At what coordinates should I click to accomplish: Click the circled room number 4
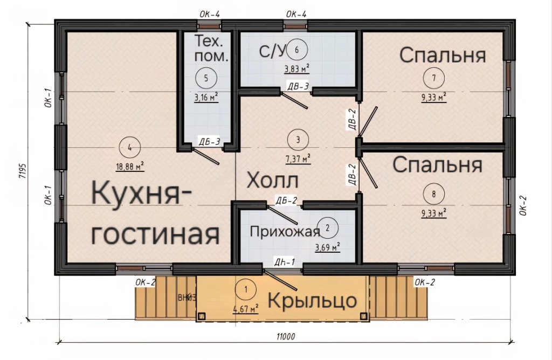(x=130, y=148)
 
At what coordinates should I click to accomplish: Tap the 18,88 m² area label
(x=130, y=166)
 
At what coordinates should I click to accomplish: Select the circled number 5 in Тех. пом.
(x=206, y=78)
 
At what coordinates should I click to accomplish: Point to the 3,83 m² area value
(x=297, y=68)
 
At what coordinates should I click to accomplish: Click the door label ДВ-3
(x=298, y=86)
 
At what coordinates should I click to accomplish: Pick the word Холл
(x=272, y=181)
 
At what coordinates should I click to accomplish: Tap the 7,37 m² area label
(x=298, y=159)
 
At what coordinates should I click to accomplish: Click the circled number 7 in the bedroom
(x=434, y=78)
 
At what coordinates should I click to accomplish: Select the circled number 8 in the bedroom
(x=434, y=194)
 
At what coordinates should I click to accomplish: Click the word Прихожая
(x=285, y=232)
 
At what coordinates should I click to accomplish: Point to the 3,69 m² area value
(x=327, y=247)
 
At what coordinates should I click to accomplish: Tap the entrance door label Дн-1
(x=285, y=262)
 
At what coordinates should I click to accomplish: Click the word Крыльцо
(x=313, y=301)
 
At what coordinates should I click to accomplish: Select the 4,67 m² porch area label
(x=246, y=309)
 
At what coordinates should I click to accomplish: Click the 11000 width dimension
(x=286, y=336)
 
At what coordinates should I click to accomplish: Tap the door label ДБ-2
(x=286, y=200)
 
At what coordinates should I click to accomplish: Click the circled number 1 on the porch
(x=246, y=290)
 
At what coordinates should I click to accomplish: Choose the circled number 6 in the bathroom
(x=297, y=50)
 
